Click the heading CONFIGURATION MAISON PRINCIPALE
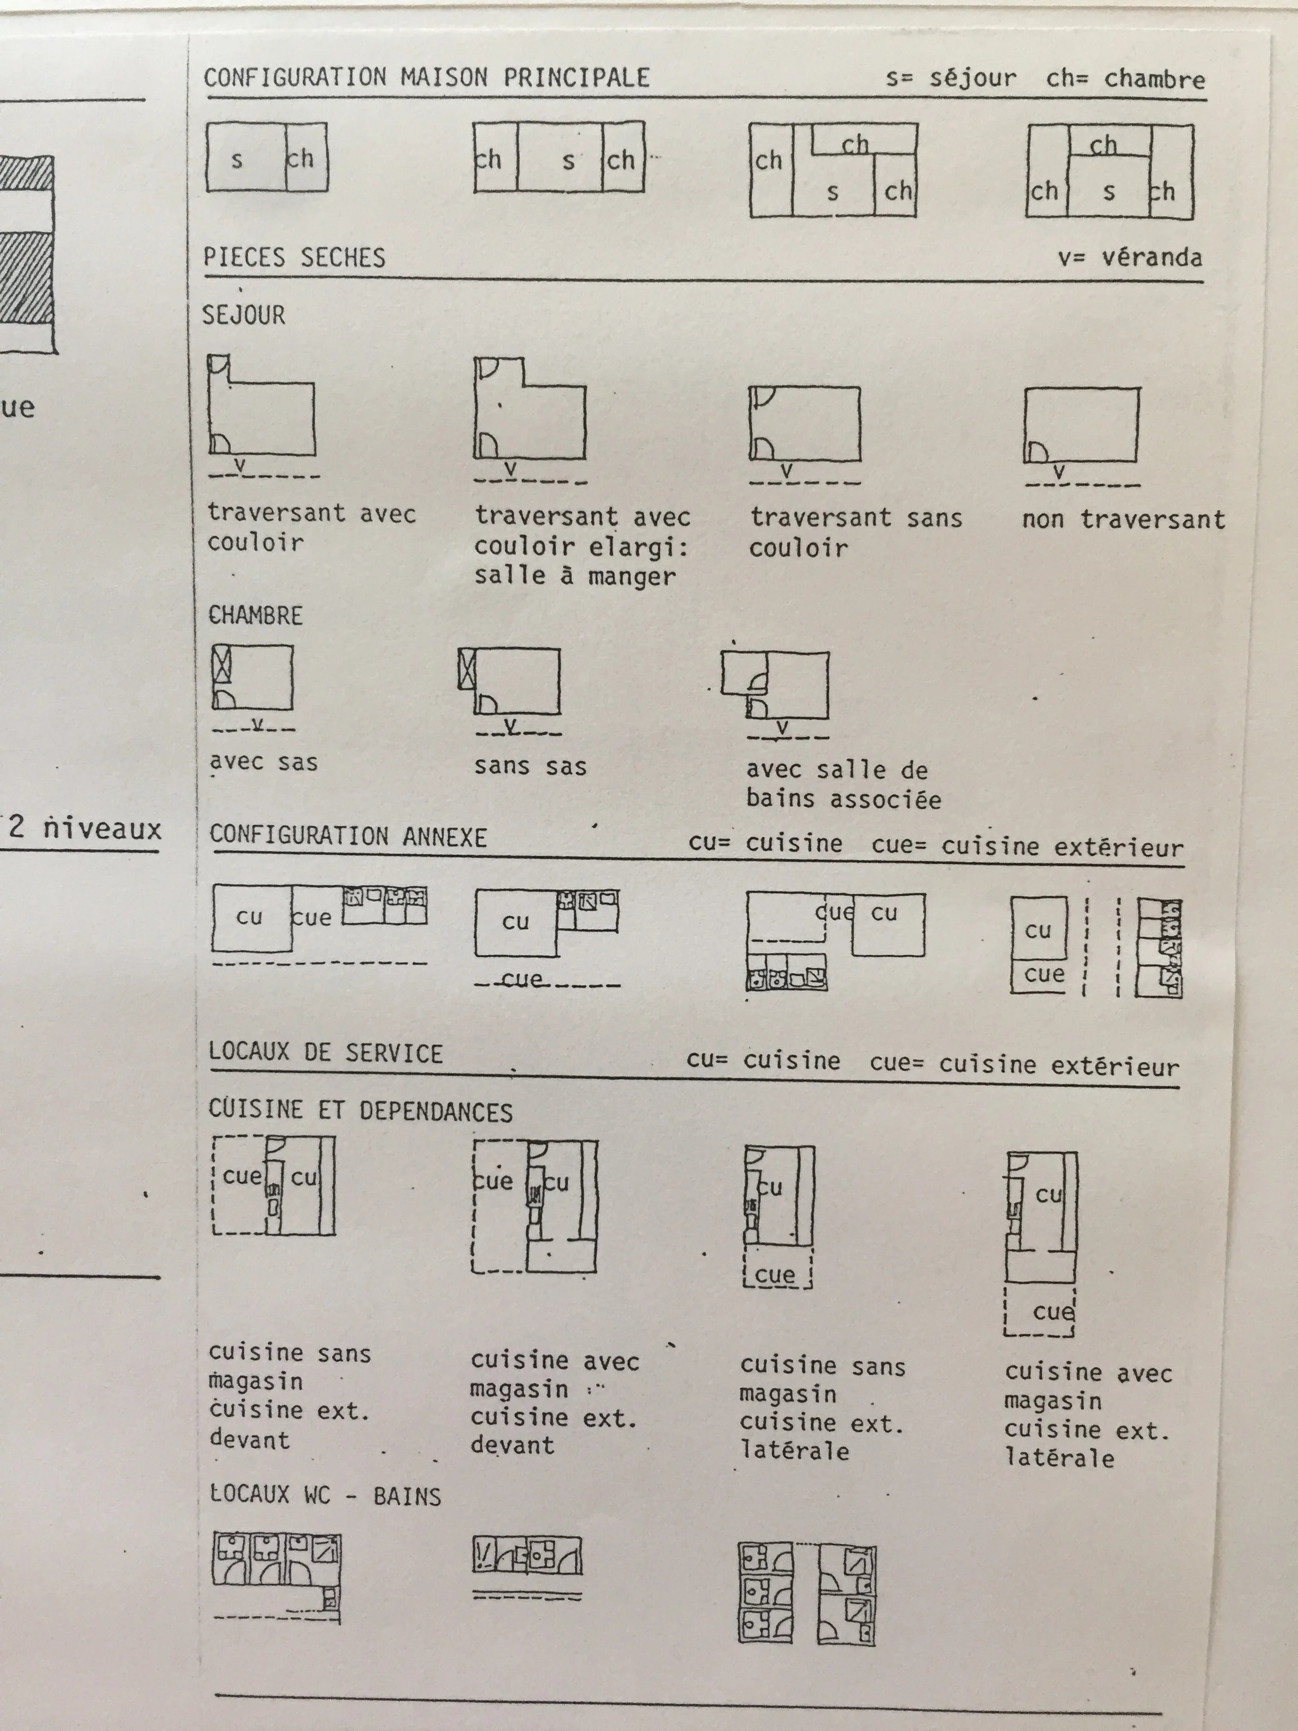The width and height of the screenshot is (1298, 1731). coord(426,77)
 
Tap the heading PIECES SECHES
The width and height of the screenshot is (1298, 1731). coord(294,257)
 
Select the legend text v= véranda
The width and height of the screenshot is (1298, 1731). coord(1130,257)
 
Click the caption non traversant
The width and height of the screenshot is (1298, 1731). coord(1122,519)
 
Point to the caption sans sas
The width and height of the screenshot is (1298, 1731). coord(530,766)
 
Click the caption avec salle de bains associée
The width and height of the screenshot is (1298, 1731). coord(843,784)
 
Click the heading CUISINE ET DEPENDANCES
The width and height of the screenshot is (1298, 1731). coord(360,1111)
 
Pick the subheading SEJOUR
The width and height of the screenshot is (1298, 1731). coord(243,316)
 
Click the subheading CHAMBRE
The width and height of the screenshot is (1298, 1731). coord(255,615)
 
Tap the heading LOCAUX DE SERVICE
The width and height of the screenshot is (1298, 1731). coord(326,1053)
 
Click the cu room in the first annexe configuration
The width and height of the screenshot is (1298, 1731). coord(250,917)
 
